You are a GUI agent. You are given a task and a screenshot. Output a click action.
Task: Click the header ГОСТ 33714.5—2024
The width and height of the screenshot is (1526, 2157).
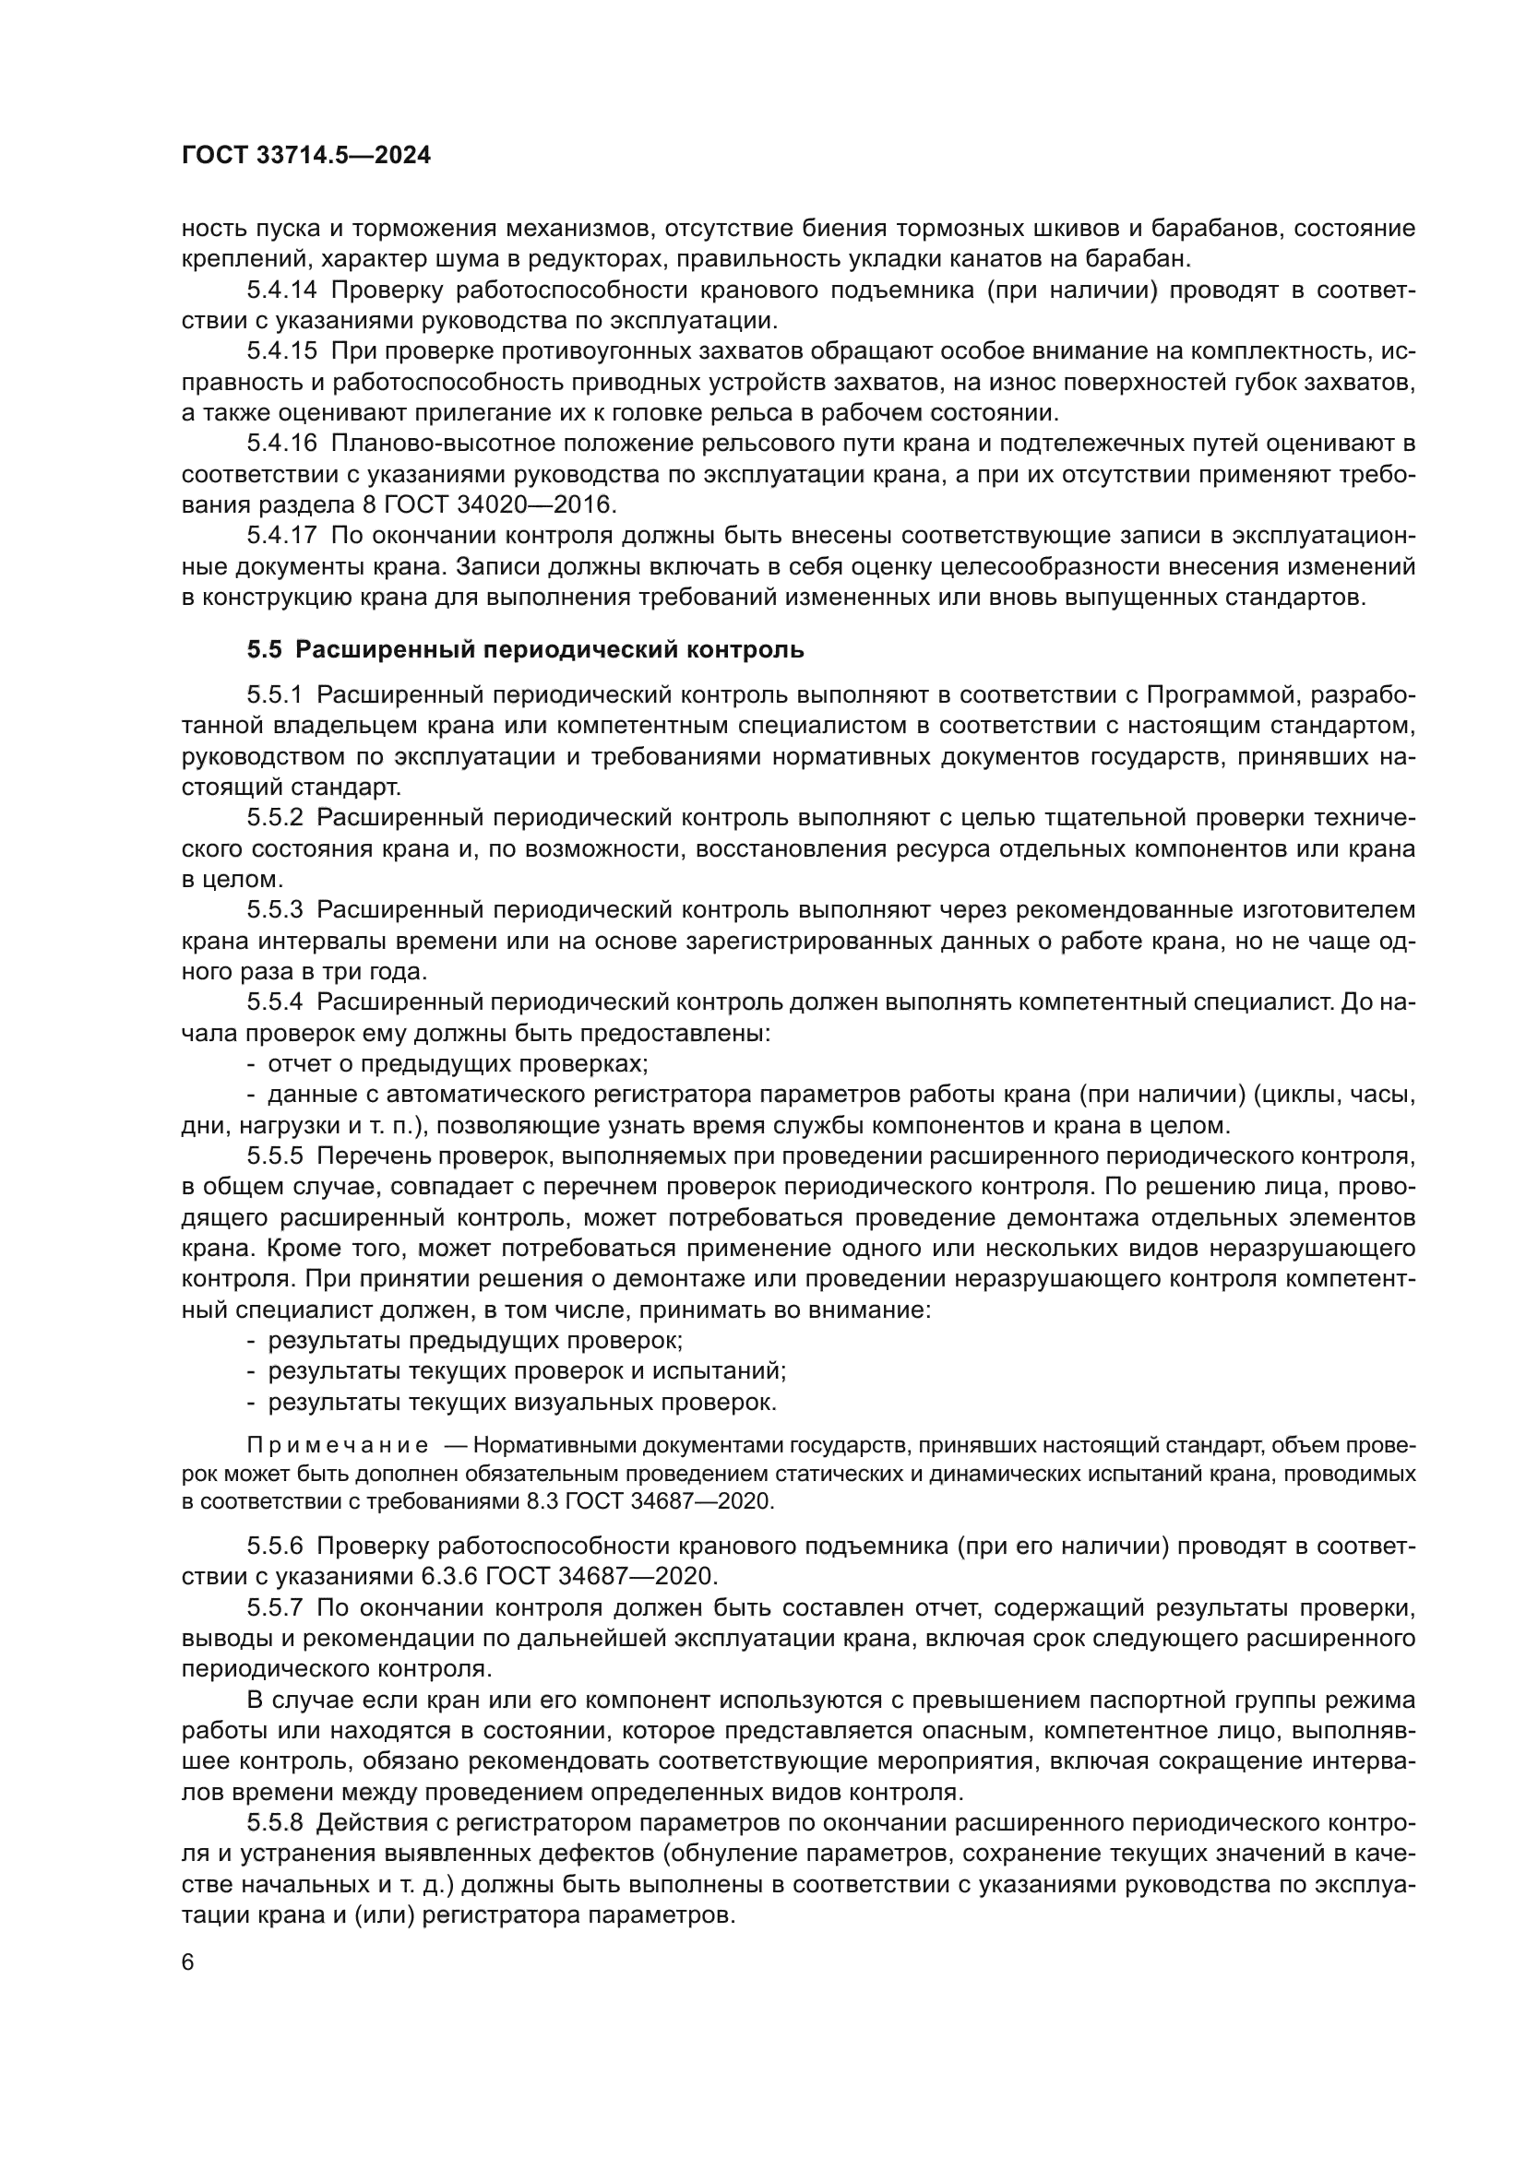click(305, 156)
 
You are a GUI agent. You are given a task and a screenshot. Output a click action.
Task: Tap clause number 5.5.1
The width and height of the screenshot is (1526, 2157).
click(275, 694)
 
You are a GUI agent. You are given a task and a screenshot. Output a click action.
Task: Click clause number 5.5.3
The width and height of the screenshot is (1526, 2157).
click(275, 909)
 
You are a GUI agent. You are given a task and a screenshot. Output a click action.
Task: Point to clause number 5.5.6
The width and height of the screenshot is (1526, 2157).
click(275, 1547)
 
